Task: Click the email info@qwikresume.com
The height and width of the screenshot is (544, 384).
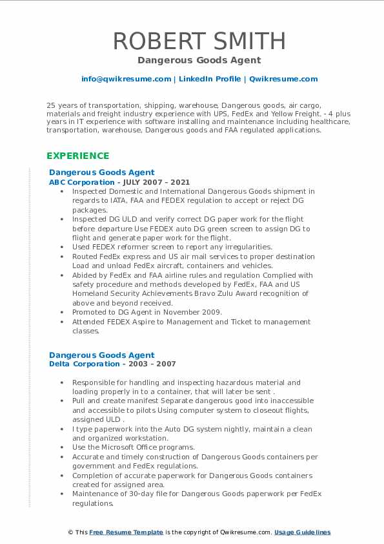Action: tap(126, 79)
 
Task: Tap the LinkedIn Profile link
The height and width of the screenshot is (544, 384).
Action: tap(210, 79)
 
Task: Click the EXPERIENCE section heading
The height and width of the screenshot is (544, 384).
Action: tap(78, 156)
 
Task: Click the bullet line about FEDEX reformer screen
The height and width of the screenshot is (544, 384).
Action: tap(172, 247)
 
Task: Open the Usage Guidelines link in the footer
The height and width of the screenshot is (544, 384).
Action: tap(302, 532)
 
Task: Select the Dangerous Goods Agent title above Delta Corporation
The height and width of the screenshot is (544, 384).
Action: tap(102, 355)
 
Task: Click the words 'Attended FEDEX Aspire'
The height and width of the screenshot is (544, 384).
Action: tap(108, 322)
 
